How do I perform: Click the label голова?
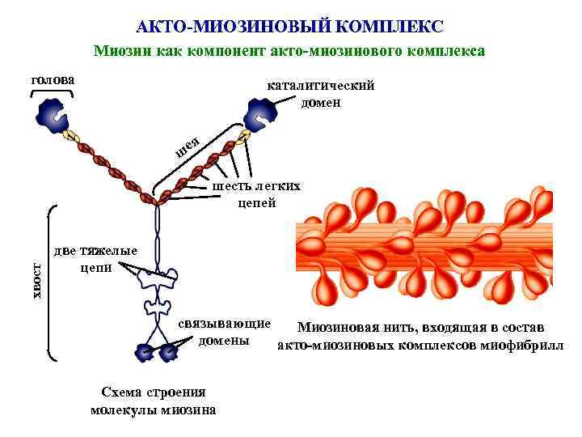(x=52, y=80)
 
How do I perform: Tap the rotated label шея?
(x=188, y=146)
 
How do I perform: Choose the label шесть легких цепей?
(x=256, y=194)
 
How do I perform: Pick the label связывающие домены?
(x=224, y=332)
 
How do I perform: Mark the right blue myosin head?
(x=261, y=112)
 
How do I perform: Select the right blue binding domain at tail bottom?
(x=168, y=352)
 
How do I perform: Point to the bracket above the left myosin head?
(x=52, y=92)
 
